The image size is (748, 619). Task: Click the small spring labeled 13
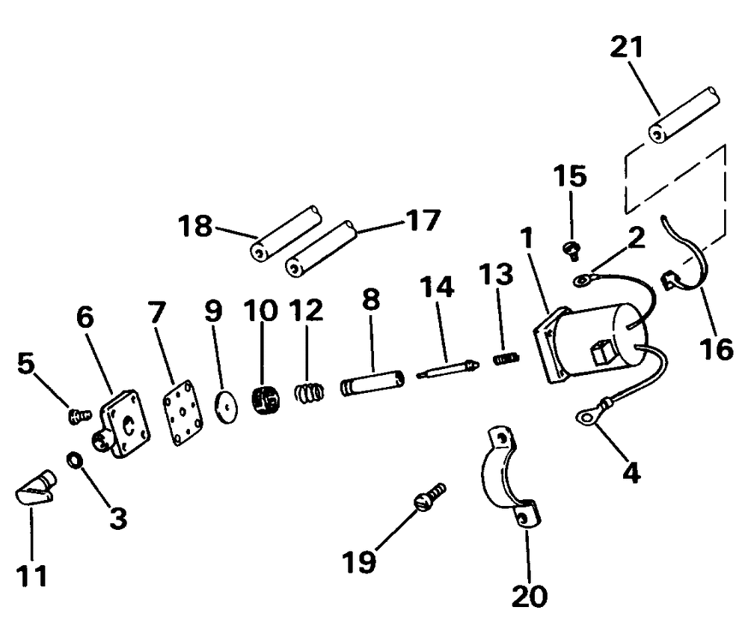coord(506,359)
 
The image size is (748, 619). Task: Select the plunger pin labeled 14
coord(447,368)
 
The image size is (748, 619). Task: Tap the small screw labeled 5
coord(77,414)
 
